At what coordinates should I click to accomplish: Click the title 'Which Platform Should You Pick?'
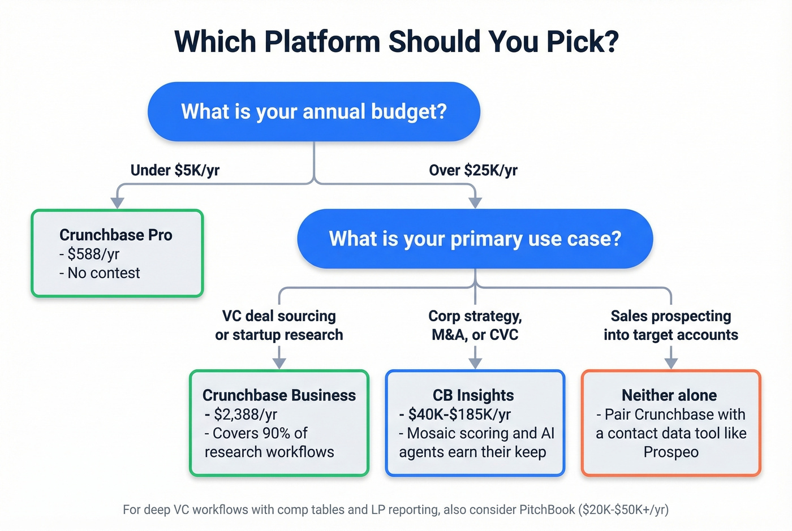coord(396,41)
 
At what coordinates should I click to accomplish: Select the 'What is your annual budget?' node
coord(314,111)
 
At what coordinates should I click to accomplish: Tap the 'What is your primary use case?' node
coord(475,239)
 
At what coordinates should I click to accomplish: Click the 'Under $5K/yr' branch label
coord(175,170)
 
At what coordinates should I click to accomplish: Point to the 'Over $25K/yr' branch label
coord(473,170)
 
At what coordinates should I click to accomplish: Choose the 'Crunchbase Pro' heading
coord(116,235)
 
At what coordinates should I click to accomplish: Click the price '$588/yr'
coord(93,254)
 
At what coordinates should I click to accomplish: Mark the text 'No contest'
coord(104,273)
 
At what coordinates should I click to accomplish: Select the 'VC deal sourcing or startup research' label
coord(279,325)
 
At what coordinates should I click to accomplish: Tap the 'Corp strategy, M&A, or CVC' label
coord(475,325)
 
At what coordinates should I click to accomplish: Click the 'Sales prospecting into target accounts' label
coord(670,325)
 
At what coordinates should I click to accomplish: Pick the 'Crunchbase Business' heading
coord(279,395)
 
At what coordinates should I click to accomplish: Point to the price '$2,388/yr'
coord(246,415)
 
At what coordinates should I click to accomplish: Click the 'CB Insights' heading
coord(474,395)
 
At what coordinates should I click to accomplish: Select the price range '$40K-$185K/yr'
coord(459,415)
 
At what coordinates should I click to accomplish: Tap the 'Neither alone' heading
coord(669,395)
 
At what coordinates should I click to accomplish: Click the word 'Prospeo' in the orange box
coord(671,452)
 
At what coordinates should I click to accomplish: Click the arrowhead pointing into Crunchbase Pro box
coord(117,203)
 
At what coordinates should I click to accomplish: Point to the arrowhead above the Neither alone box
coord(671,364)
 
